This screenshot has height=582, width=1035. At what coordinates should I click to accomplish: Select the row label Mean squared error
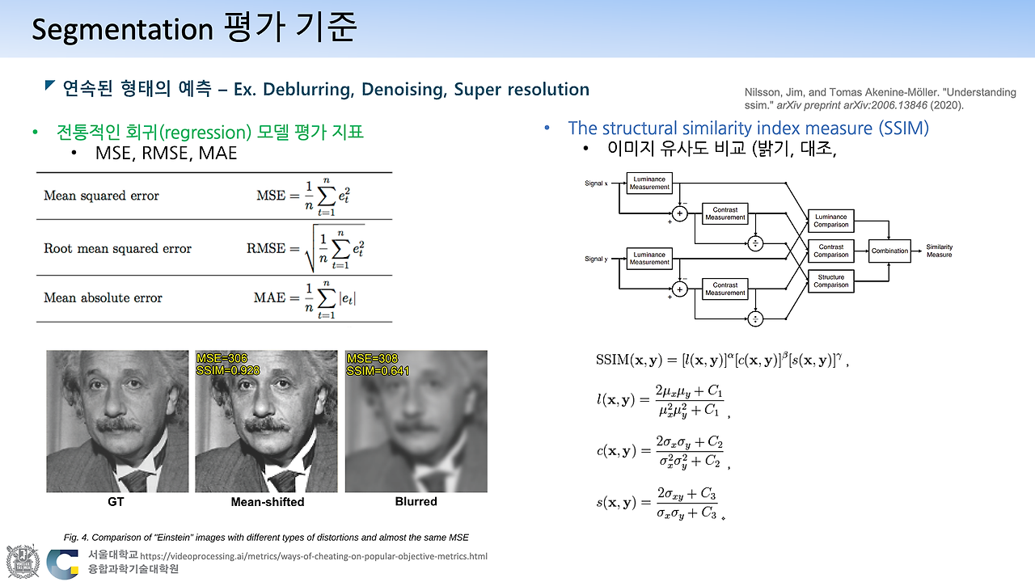[101, 196]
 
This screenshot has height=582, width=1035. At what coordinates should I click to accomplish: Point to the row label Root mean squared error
[117, 248]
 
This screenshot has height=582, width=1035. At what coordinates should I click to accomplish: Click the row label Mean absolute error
[103, 297]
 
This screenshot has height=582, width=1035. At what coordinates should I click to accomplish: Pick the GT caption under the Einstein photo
[116, 502]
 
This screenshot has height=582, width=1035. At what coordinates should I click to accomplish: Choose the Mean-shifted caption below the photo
[268, 502]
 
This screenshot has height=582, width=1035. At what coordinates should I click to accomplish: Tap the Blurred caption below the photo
[416, 502]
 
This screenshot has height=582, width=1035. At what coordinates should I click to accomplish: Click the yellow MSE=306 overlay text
[222, 358]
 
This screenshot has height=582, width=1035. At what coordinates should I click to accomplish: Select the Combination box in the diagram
[889, 251]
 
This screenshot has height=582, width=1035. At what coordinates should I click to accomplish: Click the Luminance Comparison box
[830, 221]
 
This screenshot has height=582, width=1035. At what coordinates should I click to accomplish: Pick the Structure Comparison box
[830, 281]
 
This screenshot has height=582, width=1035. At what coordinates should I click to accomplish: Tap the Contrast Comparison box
[830, 251]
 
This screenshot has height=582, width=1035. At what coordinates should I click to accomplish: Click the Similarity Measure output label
[939, 251]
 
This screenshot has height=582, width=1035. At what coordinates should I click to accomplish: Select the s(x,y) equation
[657, 503]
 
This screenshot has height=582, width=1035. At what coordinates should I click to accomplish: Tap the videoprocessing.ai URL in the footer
[314, 556]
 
